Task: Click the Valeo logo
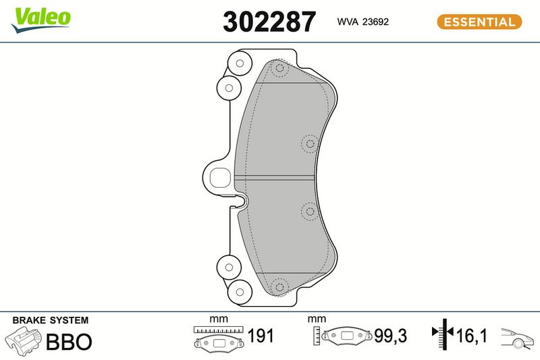[x=41, y=20]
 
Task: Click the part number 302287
[x=269, y=22]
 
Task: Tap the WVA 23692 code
[x=363, y=22]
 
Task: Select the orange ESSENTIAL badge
[x=479, y=22]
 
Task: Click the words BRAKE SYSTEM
[x=50, y=320]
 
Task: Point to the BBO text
[x=69, y=341]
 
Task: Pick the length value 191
[x=261, y=336]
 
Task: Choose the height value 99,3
[x=391, y=336]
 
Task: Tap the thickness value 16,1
[x=471, y=336]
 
